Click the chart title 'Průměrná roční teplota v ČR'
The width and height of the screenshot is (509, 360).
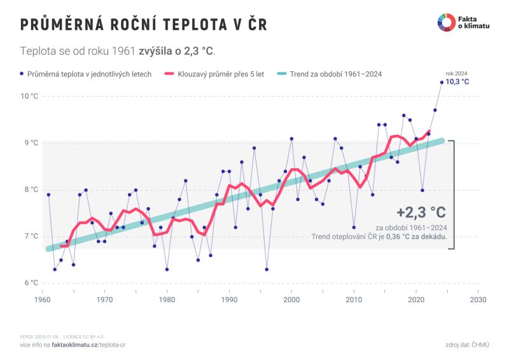(x=143, y=24)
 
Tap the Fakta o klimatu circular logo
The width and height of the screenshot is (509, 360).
(x=445, y=22)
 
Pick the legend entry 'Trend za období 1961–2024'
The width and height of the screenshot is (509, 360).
(x=335, y=74)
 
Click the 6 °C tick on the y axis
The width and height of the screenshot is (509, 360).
(x=31, y=283)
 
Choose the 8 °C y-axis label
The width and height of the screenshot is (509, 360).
(x=31, y=190)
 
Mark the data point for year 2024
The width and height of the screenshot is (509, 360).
(x=442, y=82)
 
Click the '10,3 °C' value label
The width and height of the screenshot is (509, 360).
(x=457, y=82)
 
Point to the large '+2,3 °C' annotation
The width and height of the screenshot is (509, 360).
(x=421, y=212)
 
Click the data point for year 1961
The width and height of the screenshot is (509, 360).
(x=48, y=195)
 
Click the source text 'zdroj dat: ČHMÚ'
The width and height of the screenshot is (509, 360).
(x=468, y=344)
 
